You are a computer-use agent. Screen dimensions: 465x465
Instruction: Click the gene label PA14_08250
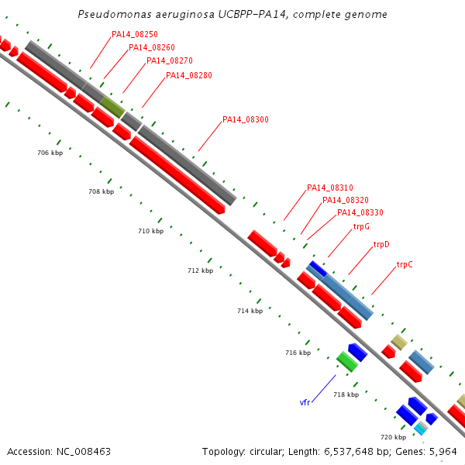135,34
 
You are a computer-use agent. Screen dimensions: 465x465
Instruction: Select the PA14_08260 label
152,47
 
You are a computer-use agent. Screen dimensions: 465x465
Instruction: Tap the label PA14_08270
170,60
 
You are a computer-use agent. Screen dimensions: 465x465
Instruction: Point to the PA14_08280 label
189,75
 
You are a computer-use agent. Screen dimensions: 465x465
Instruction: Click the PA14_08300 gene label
246,119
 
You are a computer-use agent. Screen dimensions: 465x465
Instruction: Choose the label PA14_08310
330,188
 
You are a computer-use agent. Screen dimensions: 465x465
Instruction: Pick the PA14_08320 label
346,200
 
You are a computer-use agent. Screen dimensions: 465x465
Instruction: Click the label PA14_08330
360,212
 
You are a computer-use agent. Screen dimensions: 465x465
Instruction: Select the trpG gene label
361,227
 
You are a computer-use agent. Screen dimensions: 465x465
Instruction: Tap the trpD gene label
381,245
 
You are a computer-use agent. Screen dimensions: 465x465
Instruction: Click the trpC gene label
405,264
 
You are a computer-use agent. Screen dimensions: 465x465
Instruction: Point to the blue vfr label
305,402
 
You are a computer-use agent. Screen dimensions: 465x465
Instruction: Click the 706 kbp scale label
50,153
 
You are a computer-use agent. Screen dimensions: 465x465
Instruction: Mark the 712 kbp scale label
201,270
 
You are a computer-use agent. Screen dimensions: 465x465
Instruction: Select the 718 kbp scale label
346,394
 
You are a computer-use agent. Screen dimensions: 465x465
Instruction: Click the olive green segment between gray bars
112,107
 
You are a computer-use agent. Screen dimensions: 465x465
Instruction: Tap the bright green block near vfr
347,362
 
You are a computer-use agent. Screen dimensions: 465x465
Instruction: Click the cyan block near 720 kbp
419,429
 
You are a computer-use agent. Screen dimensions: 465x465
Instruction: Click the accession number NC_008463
84,452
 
